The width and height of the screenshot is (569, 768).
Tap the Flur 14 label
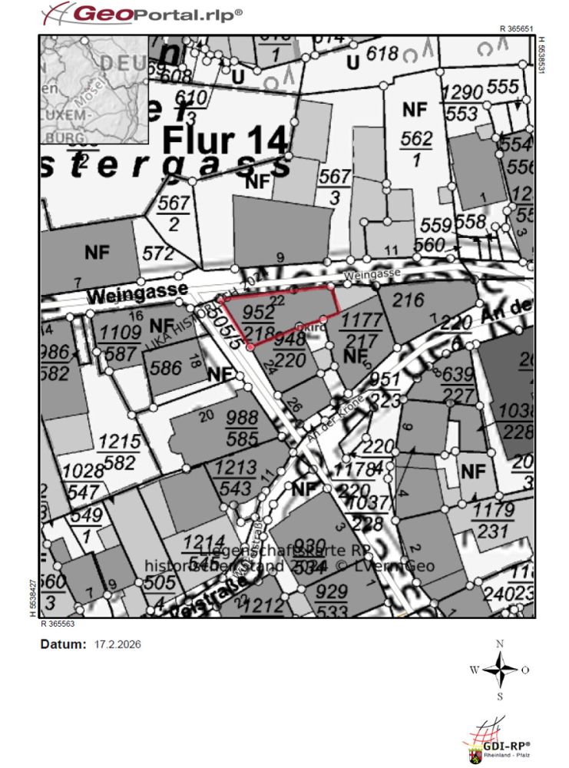click(226, 141)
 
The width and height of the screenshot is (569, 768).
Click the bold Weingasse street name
click(138, 292)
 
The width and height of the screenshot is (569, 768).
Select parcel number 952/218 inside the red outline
click(257, 321)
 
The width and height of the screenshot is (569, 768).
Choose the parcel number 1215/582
click(120, 452)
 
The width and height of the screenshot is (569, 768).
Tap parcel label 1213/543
click(236, 477)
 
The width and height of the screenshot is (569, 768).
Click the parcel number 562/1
click(417, 149)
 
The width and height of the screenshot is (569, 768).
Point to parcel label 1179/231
click(493, 520)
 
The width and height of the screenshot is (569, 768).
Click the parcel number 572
click(158, 253)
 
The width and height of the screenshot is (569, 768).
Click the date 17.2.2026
click(117, 644)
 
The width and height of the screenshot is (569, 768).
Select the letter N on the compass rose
click(500, 644)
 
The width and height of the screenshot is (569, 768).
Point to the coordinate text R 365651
click(517, 28)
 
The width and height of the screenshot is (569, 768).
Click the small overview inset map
click(94, 89)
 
